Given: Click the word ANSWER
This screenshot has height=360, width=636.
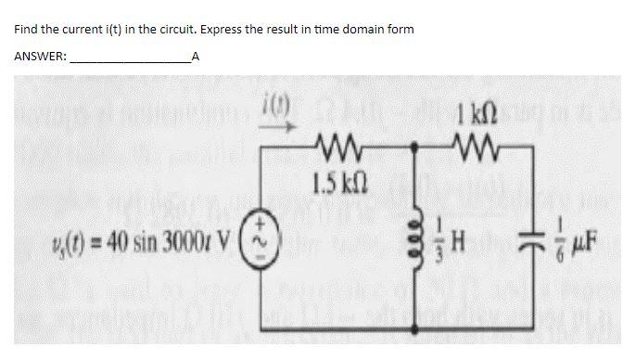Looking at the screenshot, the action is (40, 57).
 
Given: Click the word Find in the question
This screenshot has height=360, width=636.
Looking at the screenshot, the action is (25, 30).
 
